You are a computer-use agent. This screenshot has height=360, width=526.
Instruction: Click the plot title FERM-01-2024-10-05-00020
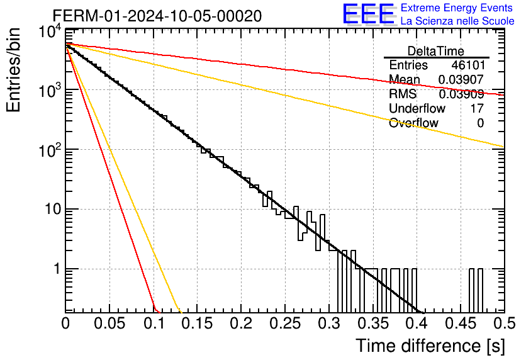tap(157, 16)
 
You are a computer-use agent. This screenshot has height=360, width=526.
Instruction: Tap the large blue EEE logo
tap(368, 14)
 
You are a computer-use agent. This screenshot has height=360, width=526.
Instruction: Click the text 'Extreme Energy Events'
tap(457, 8)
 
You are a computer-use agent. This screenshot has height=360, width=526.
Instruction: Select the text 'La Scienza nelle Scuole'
tap(457, 21)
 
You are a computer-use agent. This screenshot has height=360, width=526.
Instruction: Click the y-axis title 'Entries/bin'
tap(13, 70)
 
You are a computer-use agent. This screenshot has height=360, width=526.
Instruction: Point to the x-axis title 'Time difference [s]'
tap(430, 346)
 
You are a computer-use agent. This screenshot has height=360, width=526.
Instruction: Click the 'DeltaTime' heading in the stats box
tap(436, 51)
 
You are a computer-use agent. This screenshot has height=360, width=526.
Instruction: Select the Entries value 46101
tap(468, 65)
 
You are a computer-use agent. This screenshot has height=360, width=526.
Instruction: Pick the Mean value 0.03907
tap(461, 79)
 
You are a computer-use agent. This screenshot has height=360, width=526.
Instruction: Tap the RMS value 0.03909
tap(461, 94)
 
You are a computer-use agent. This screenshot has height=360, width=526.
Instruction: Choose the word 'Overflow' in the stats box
tap(413, 123)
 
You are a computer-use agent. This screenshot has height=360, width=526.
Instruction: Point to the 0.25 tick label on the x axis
tap(285, 323)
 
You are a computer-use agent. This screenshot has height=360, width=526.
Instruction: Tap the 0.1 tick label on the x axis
tap(154, 323)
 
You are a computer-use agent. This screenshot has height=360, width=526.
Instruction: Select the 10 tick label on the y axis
tap(53, 209)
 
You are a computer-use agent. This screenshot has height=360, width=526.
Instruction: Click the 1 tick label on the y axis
tap(57, 269)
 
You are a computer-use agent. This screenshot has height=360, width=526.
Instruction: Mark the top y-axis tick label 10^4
tap(50, 32)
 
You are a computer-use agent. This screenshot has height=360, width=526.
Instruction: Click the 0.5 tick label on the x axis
tap(504, 323)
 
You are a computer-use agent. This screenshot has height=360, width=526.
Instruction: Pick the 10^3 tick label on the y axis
tap(50, 90)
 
